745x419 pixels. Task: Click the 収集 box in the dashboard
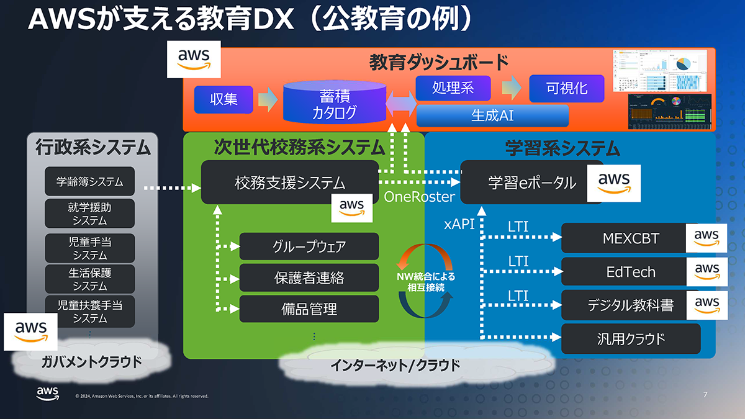(x=223, y=99)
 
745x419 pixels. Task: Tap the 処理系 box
(x=453, y=88)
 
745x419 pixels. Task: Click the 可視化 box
(x=566, y=88)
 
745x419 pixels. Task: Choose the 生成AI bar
(x=492, y=115)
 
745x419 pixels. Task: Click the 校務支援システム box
(x=289, y=182)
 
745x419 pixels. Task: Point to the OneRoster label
(x=419, y=197)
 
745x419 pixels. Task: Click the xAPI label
(x=459, y=224)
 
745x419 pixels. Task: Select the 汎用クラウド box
(x=630, y=338)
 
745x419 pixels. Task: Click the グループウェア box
(x=309, y=246)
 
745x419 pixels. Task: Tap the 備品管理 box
(x=309, y=309)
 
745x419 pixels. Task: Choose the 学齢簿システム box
(x=89, y=182)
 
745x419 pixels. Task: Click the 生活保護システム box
(x=89, y=279)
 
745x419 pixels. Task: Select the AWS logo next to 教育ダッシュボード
(x=194, y=60)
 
